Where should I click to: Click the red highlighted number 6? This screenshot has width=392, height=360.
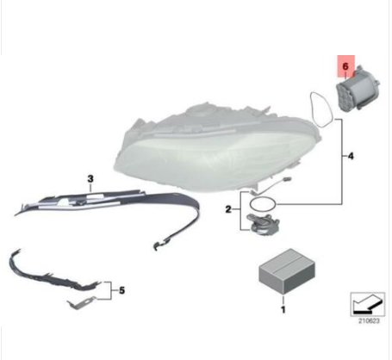tap(345, 66)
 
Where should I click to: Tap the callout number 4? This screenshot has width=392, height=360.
tap(351, 157)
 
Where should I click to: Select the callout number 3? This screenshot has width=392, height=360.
tap(90, 179)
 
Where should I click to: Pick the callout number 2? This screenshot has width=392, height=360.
tap(228, 209)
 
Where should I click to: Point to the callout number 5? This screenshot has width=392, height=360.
tap(122, 290)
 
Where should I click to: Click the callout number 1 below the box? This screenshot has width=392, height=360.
tap(283, 310)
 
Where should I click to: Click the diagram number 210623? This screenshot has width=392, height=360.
tap(369, 320)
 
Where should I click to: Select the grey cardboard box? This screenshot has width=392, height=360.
tap(287, 271)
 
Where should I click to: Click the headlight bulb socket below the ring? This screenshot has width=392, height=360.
tap(263, 223)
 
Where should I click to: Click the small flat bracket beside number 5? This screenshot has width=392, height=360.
tap(81, 303)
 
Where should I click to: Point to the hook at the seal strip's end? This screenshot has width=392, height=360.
tap(159, 245)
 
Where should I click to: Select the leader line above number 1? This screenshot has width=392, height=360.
tap(283, 301)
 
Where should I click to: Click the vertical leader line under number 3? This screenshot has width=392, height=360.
tap(90, 188)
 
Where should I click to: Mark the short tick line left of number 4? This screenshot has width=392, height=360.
tap(345, 156)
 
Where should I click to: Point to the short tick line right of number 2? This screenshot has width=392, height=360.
tap(236, 209)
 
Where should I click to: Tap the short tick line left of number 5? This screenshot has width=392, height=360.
tap(115, 290)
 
